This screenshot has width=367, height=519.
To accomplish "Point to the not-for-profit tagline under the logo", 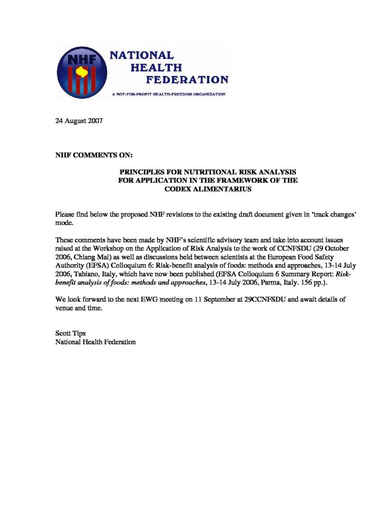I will (x=169, y=94).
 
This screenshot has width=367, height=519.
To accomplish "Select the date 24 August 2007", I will (x=79, y=122).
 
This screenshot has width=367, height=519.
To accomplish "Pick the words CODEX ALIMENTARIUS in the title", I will (x=208, y=189).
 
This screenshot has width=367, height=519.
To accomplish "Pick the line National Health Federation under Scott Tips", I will (x=95, y=342).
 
